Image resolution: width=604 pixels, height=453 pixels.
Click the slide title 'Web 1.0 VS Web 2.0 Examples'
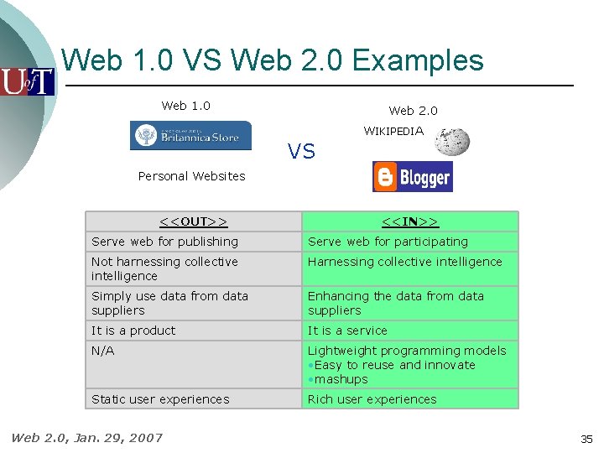273,61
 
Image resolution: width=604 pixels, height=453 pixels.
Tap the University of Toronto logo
27,81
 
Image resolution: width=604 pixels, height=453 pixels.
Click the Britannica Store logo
190,135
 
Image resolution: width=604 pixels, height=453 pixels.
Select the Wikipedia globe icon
452,142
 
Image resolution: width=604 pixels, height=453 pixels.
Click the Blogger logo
412,177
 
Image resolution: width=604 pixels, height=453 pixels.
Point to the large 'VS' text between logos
301,151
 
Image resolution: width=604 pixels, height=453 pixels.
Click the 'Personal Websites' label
191,176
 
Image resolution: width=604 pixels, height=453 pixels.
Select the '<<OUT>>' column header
194,221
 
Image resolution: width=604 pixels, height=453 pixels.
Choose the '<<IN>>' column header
409,221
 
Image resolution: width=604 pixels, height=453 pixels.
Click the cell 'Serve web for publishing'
164,242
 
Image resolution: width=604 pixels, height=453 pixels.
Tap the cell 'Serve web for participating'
388,242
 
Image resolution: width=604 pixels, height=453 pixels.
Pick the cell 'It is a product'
133,331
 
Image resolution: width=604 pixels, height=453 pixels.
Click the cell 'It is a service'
347,331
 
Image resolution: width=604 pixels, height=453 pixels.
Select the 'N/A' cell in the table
103,351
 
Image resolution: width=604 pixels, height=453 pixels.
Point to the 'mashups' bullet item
341,379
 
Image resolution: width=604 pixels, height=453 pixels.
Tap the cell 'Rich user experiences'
372,399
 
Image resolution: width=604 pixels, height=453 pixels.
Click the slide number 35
586,439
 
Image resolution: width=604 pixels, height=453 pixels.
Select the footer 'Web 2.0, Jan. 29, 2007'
86,437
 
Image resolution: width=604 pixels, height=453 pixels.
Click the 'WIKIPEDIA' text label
393,131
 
